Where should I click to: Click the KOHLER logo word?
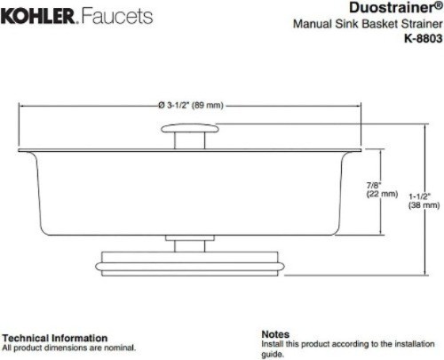[x=38, y=16]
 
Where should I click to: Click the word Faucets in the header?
[x=117, y=16]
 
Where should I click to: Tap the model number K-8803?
[x=424, y=38]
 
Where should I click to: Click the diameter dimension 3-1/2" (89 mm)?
[x=191, y=105]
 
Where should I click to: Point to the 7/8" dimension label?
[x=374, y=186]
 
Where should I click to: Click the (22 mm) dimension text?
[x=382, y=194]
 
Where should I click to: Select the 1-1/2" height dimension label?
[x=420, y=196]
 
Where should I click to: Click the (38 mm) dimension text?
[x=424, y=205]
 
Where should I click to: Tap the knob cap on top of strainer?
[x=190, y=128]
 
